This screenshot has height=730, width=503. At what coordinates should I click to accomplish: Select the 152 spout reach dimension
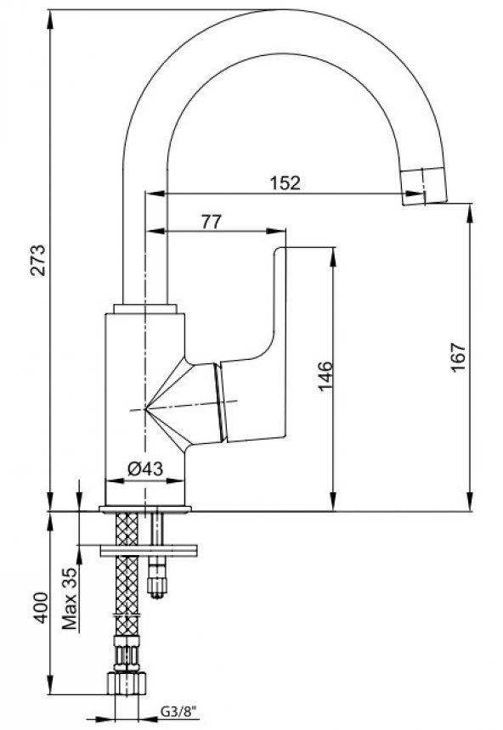[x=285, y=182]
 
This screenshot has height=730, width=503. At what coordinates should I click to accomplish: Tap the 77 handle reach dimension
[x=212, y=222]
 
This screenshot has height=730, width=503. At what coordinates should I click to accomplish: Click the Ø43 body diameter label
[x=145, y=469]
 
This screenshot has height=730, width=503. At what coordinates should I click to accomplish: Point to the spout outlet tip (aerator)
[x=422, y=186]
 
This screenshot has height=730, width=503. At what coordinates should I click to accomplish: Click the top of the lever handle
[x=280, y=252]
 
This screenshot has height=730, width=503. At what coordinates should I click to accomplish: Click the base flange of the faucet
[x=144, y=509]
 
